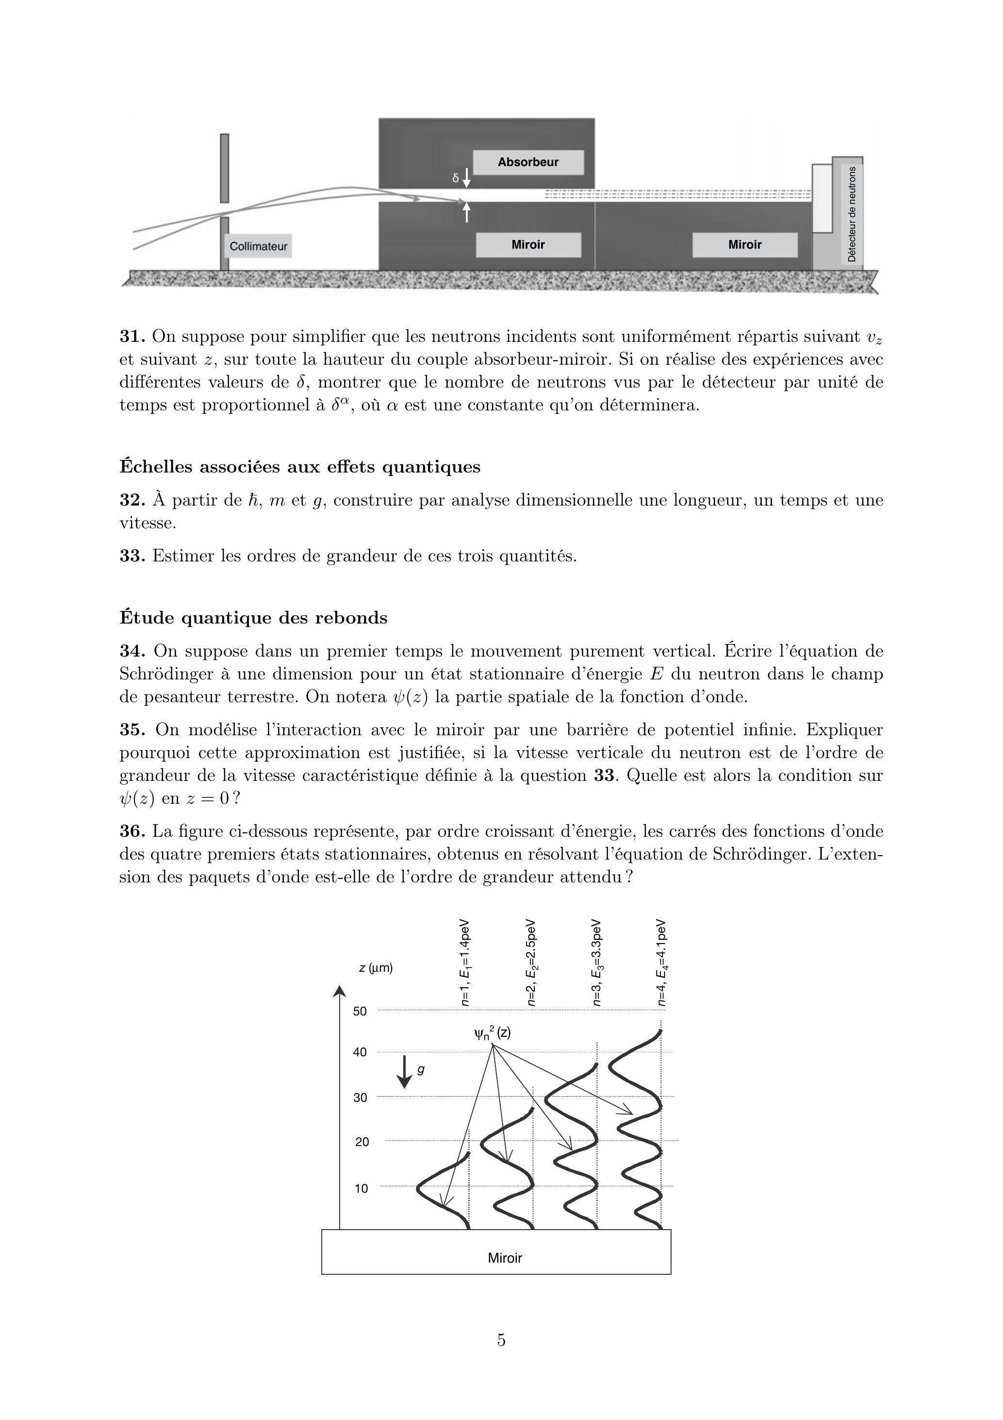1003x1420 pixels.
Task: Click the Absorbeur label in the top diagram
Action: pos(528,162)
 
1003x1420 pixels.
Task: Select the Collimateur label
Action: pos(258,246)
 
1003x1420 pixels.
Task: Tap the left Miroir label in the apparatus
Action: pos(528,245)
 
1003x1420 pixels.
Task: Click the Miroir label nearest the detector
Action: pos(745,245)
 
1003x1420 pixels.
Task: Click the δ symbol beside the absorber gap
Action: pos(456,178)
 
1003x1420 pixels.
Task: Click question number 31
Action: pos(132,337)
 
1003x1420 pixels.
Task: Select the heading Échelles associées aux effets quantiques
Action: pos(300,467)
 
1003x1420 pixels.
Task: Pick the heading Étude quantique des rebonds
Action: pos(253,618)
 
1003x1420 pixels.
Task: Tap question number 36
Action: pos(132,831)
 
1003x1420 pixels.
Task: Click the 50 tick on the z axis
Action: pos(360,1011)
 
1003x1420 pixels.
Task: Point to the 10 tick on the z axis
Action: pos(361,1188)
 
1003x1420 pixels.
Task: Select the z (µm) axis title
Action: pos(376,968)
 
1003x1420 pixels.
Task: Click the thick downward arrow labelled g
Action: pos(404,1072)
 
